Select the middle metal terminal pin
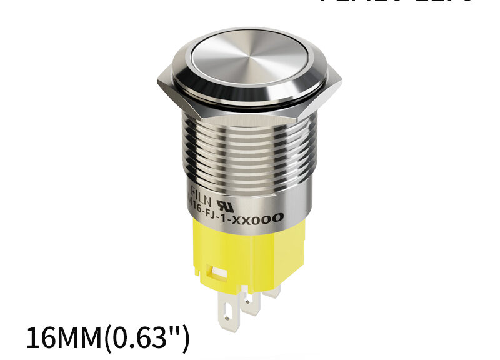251,303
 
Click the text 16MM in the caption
63,338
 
